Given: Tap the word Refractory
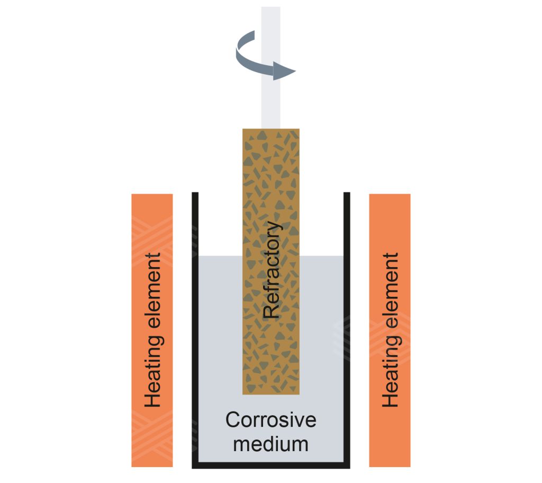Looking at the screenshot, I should (x=271, y=270).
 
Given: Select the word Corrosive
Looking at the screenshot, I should (x=270, y=420).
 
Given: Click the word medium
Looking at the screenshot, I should (x=270, y=443).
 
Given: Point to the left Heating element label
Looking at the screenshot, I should (x=152, y=330).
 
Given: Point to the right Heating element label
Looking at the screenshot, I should (x=390, y=330).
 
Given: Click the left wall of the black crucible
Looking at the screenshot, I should (x=195, y=329).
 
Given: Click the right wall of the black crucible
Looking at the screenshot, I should (x=347, y=329).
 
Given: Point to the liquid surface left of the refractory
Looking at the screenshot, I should (x=220, y=257).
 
